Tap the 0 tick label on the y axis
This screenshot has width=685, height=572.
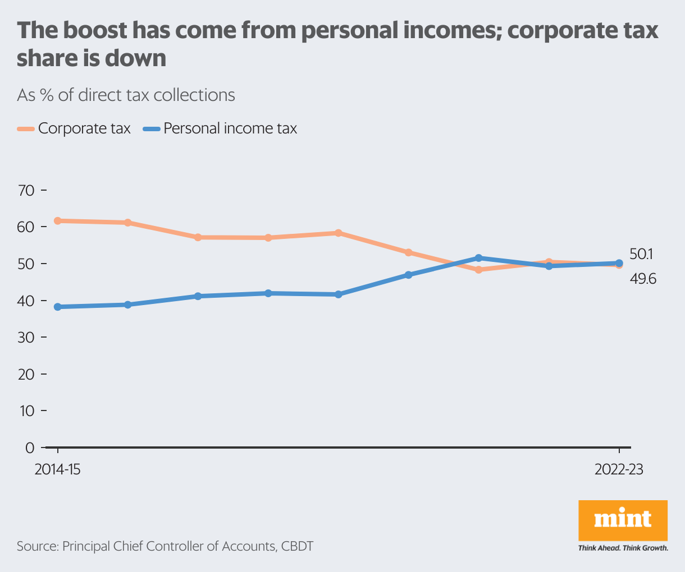coord(29,448)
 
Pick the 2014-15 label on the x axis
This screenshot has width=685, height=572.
coord(57,469)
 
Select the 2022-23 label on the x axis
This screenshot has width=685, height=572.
coord(619,469)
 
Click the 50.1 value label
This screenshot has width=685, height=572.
coord(641,254)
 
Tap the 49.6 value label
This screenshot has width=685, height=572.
coord(643,279)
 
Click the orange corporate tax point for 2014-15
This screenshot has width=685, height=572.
coord(57,221)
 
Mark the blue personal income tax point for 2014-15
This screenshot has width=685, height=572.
coord(57,307)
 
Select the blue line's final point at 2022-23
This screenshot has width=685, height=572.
coord(619,263)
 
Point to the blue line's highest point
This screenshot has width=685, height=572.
coord(478,258)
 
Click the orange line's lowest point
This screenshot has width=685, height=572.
coord(478,270)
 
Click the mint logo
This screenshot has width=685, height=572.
coord(623,520)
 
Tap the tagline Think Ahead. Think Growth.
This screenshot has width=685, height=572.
coord(623,548)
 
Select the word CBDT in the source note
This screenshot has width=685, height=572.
coord(297,546)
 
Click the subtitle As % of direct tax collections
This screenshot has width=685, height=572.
coord(126,95)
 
